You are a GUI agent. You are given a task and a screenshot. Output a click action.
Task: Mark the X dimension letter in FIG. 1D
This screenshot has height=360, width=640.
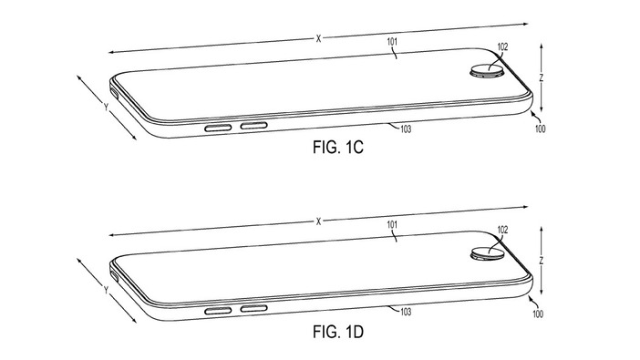[318, 221]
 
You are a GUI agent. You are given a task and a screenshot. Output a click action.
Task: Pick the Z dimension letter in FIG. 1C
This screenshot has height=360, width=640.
[542, 78]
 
